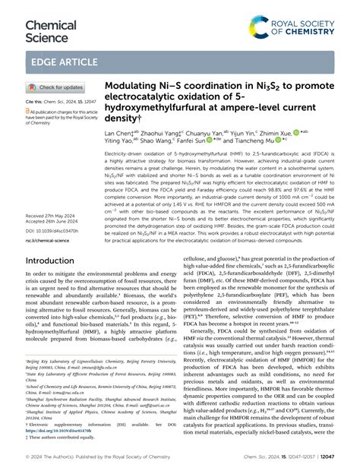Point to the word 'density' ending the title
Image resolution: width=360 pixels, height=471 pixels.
(x=122, y=120)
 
